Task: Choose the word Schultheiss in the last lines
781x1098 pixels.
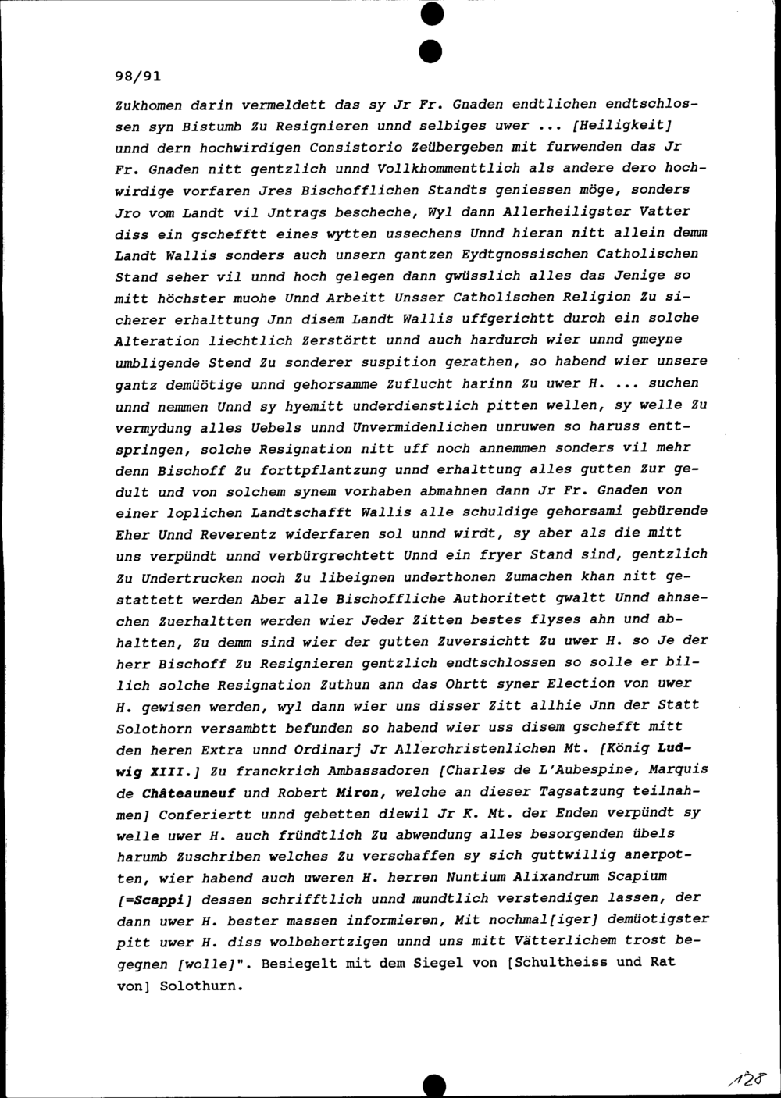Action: click(574, 963)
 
